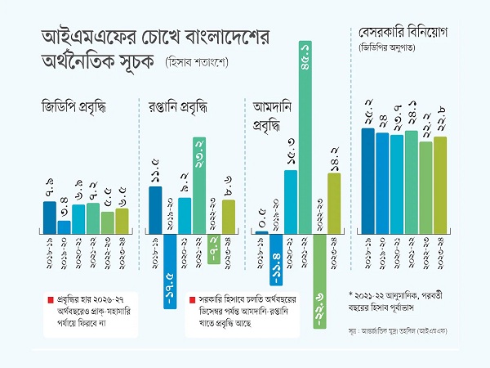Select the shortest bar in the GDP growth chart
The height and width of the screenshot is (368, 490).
tap(64, 227)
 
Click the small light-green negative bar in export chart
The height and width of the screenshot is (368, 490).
tap(213, 248)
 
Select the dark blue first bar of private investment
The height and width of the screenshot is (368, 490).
tap(367, 181)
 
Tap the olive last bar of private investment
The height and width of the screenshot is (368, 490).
tap(440, 185)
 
